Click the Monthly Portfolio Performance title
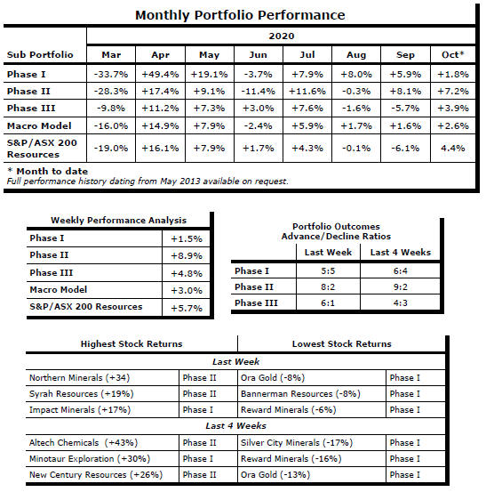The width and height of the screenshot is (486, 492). click(x=240, y=15)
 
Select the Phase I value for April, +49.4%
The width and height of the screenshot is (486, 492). click(x=160, y=75)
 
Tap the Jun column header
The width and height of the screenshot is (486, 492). click(x=258, y=55)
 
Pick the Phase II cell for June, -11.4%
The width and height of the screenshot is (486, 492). click(x=258, y=92)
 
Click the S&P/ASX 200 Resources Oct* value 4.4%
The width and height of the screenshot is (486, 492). click(x=453, y=148)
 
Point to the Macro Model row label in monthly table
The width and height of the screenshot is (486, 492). click(x=39, y=125)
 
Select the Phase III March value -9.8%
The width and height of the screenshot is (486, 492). click(x=111, y=109)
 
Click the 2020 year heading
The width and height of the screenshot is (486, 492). click(x=282, y=36)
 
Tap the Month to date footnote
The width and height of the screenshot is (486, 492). click(x=48, y=171)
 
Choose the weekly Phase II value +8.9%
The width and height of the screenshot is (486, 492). click(x=187, y=256)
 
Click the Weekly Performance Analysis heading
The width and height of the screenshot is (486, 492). click(x=118, y=221)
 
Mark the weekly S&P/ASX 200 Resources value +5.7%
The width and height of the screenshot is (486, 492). click(x=187, y=308)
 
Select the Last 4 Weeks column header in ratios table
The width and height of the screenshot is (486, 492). click(x=401, y=253)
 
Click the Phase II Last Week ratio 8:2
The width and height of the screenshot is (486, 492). click(x=328, y=286)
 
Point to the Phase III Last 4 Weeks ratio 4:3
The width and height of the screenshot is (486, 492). click(x=401, y=302)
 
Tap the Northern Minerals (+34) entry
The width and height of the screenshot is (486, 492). click(x=80, y=377)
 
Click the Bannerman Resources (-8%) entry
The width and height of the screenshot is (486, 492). click(x=300, y=394)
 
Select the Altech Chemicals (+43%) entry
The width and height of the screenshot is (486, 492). click(x=84, y=443)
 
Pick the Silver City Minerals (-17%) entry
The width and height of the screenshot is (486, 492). click(x=297, y=443)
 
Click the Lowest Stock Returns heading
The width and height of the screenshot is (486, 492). click(x=341, y=344)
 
